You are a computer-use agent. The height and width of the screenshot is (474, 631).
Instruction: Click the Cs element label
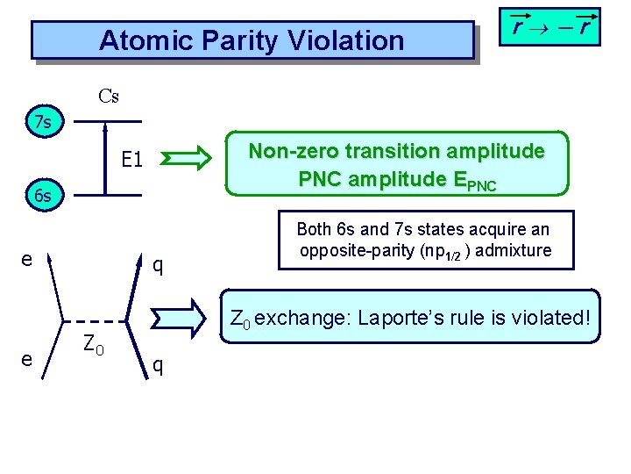[109, 96]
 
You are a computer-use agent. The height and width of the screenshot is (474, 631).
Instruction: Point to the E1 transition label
[132, 160]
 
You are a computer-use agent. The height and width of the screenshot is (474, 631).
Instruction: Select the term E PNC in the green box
[474, 180]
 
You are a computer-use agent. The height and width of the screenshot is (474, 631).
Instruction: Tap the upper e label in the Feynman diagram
[27, 260]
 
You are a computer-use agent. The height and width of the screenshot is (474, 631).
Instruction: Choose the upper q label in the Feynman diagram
[158, 263]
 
